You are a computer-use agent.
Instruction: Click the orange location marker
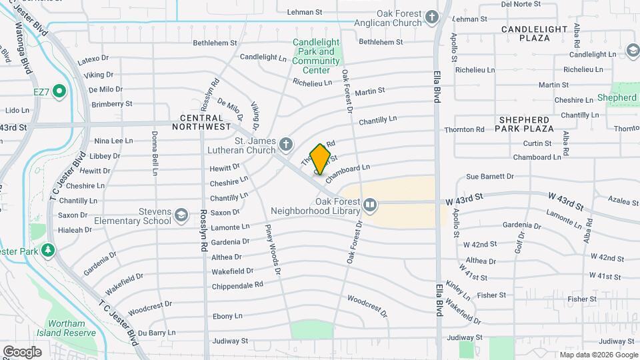tap(321, 159)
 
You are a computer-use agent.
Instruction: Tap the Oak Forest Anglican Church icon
tap(433, 17)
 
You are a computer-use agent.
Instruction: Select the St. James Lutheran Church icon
tap(286, 144)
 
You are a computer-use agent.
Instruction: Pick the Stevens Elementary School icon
tap(181, 215)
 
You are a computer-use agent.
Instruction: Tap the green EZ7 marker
tap(59, 91)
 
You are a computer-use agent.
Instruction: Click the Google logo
tap(22, 351)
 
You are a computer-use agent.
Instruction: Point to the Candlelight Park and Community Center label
tap(316, 56)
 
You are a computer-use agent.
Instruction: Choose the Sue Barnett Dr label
tap(489, 177)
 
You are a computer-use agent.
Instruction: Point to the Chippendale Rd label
tap(237, 285)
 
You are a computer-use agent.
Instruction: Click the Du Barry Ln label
tap(157, 332)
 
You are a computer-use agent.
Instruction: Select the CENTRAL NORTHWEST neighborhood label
tap(201, 122)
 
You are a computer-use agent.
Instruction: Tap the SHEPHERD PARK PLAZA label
tap(526, 123)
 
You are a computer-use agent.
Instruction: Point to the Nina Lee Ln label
tap(113, 141)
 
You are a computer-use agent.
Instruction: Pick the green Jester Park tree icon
tap(48, 250)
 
